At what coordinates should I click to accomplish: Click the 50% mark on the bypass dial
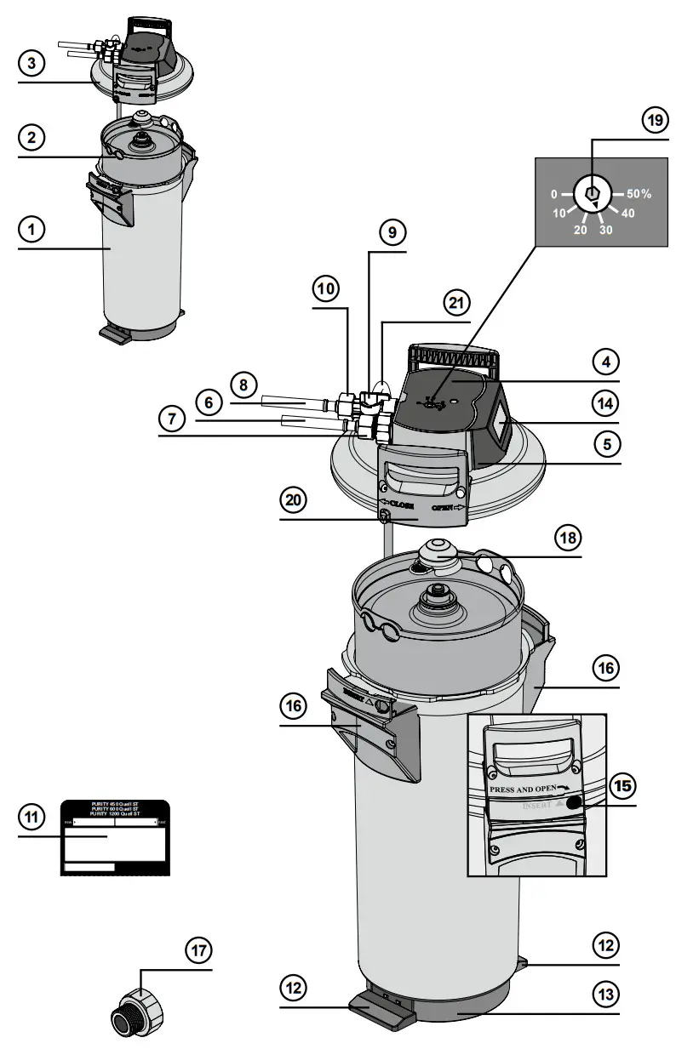(x=634, y=194)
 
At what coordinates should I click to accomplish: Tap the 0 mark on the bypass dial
(x=554, y=194)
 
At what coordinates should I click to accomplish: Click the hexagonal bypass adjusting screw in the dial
(x=593, y=195)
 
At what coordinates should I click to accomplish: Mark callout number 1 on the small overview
(x=31, y=229)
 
